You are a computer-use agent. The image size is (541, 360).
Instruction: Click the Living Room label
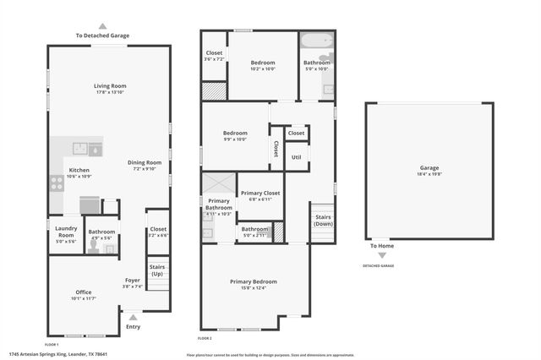click(110, 85)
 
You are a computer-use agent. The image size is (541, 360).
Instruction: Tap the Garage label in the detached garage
click(429, 168)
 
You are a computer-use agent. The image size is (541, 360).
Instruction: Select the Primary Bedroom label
click(253, 281)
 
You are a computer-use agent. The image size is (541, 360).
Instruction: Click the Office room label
click(83, 292)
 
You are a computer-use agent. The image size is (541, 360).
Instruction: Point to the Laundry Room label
click(66, 231)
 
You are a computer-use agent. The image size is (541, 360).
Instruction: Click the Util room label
click(296, 156)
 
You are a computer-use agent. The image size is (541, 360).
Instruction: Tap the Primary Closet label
click(260, 194)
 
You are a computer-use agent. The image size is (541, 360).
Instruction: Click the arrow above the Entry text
click(133, 318)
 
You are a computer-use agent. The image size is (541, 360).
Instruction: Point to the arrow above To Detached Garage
click(103, 26)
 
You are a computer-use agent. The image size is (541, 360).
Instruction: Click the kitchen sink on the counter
click(78, 149)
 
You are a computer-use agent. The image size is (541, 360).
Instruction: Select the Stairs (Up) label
click(157, 270)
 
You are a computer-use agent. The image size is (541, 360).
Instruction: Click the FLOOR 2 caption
click(205, 339)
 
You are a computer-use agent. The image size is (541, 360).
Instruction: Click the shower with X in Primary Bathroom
click(218, 183)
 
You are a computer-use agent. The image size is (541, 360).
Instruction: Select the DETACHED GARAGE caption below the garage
click(378, 265)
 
